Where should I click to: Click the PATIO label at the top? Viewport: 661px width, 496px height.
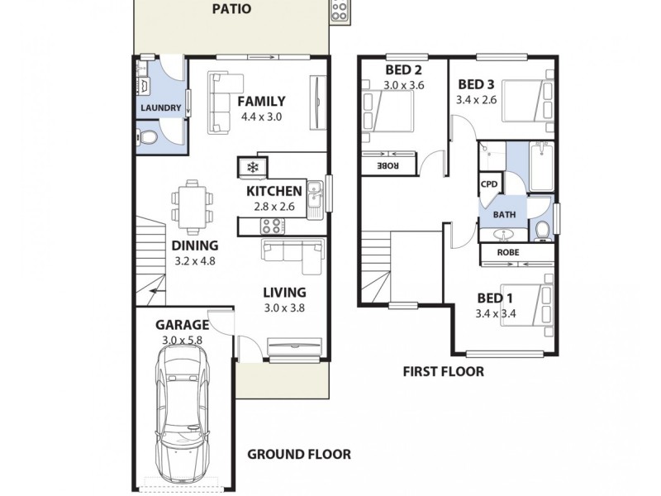pos(231,10)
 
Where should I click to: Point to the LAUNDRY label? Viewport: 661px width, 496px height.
pos(161,108)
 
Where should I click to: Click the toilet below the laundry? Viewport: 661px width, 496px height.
pos(147,137)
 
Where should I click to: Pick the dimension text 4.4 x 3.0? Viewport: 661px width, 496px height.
pos(262,117)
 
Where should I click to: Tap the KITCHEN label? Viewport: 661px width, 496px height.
pos(274,192)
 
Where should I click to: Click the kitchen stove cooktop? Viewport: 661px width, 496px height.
pos(272,225)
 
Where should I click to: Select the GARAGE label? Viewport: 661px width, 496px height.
pos(182,325)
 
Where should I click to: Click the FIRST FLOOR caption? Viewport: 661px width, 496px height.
pos(443,372)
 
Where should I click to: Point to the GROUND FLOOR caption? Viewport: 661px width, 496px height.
pos(300,454)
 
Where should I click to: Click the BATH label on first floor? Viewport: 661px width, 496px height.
pos(504,214)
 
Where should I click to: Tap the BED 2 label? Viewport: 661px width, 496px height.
pos(402,69)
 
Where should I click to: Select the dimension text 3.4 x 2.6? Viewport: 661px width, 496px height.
pos(477,99)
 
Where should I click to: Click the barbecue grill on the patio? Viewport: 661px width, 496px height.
pos(340,11)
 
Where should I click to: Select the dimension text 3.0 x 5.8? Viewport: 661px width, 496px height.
pos(182,340)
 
